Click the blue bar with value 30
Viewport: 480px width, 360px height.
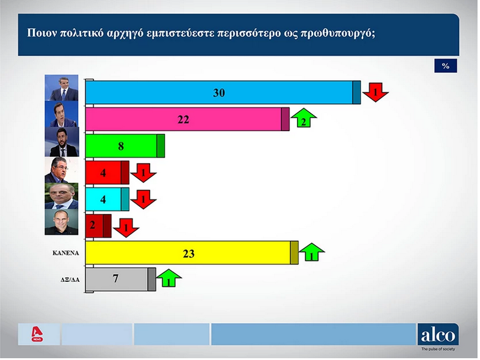click(223, 92)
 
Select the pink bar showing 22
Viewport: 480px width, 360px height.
click(187, 119)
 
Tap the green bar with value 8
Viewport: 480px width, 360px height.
click(125, 145)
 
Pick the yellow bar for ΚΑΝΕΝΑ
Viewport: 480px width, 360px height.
click(191, 253)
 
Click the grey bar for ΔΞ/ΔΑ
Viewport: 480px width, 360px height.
click(120, 279)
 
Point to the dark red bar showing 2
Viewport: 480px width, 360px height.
click(98, 226)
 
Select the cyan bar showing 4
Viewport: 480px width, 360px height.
click(107, 199)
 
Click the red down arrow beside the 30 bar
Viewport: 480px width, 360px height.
click(375, 92)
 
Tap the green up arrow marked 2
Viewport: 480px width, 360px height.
click(304, 118)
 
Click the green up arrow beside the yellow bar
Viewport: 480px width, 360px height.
click(312, 252)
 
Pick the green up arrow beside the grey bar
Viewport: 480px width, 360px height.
click(169, 278)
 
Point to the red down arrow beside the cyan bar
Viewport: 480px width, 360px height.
click(143, 199)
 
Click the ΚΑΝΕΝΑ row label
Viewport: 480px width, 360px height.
click(66, 253)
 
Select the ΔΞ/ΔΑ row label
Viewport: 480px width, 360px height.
click(70, 280)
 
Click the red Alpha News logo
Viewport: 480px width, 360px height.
click(38, 334)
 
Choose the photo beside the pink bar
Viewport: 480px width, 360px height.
click(61, 114)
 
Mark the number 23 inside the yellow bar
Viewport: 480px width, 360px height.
click(188, 254)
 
